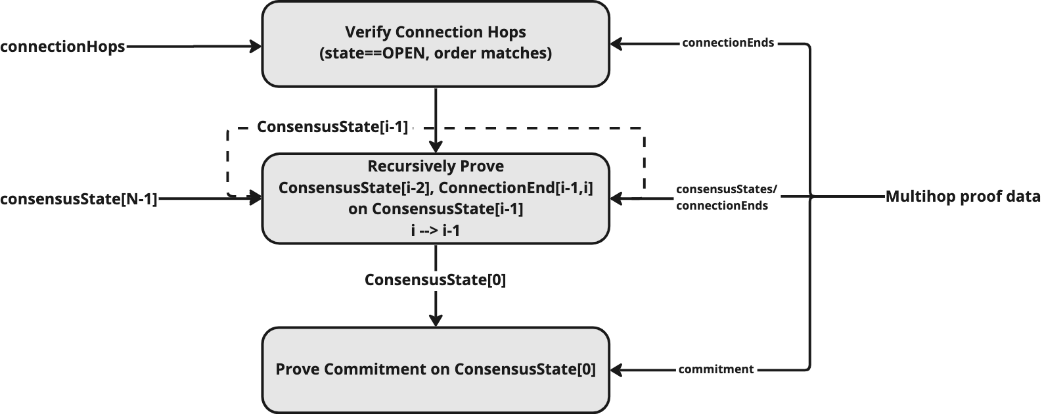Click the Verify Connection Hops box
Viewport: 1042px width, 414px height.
click(436, 44)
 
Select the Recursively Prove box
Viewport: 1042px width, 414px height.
click(436, 198)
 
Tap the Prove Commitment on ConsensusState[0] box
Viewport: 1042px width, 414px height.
click(436, 370)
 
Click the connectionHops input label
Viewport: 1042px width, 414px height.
click(63, 47)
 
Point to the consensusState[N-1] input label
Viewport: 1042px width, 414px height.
click(79, 199)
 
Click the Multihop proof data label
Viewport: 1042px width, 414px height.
click(963, 196)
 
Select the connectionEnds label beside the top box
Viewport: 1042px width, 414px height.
click(728, 43)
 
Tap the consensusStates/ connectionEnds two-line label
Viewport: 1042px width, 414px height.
click(726, 197)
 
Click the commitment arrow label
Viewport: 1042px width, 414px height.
click(716, 369)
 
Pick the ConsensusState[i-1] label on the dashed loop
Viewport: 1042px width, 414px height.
click(332, 127)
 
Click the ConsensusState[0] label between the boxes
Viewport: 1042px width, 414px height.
click(436, 280)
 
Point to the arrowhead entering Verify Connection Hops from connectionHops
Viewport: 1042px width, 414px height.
click(256, 47)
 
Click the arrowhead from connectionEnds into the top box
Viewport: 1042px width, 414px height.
click(616, 44)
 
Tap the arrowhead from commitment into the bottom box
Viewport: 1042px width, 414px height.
click(616, 370)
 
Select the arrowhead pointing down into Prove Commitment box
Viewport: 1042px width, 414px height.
click(436, 321)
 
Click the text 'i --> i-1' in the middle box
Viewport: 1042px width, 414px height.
click(436, 230)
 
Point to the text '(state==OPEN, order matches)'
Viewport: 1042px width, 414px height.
click(436, 53)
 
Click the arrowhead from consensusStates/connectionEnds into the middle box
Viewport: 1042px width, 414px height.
click(616, 198)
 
